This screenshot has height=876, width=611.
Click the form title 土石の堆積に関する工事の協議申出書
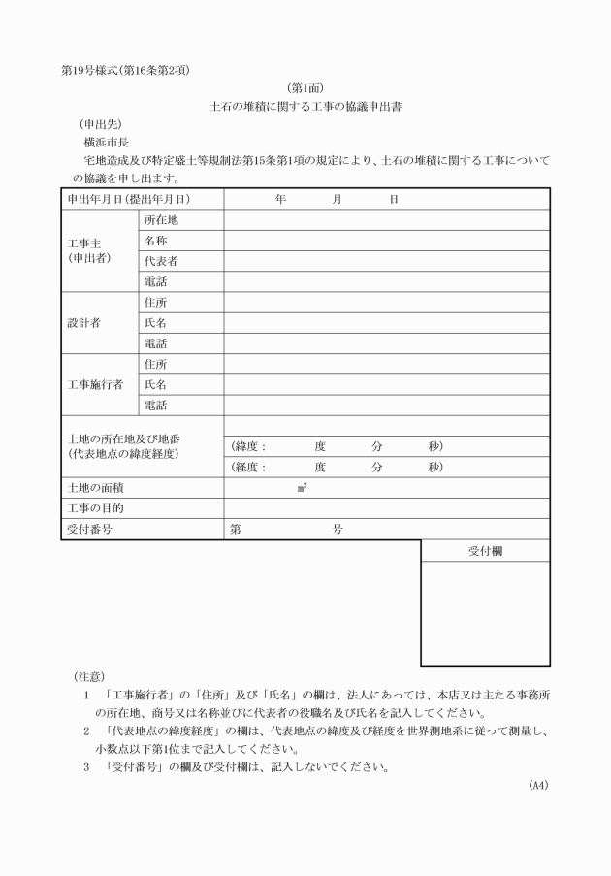coord(305,107)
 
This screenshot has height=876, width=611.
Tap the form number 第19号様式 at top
coord(88,69)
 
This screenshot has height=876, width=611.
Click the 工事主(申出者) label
coord(89,250)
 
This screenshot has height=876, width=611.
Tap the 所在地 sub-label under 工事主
coord(161,220)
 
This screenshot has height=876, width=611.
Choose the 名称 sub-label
coord(155,241)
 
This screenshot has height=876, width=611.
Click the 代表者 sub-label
coord(161,261)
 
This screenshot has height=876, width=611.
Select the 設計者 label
coord(83,323)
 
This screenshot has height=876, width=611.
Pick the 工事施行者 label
coord(95,384)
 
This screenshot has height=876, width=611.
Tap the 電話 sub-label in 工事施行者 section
coord(155,405)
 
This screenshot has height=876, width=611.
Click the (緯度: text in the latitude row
coord(249,446)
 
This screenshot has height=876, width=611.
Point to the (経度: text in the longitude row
coord(249,467)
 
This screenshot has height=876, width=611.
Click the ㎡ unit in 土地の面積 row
coord(303,488)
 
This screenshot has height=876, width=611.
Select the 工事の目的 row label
coord(95,508)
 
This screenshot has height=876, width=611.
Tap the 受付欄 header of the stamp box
coord(485,550)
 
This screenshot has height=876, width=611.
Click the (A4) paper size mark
coord(538,785)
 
